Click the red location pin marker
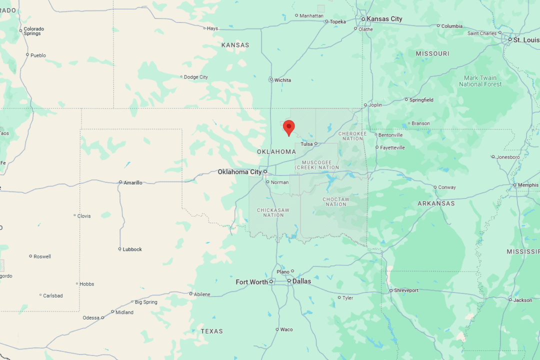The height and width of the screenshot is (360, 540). point(288,127)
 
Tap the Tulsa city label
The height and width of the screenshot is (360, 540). point(306,144)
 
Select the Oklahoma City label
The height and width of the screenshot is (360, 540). point(239,172)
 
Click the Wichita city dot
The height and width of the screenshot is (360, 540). point(271,79)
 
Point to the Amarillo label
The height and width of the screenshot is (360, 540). point(133,183)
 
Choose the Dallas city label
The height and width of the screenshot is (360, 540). point(301,281)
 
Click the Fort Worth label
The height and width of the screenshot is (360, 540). point(251,282)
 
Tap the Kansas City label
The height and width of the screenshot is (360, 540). point(384,19)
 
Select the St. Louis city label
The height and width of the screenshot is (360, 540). point(526,40)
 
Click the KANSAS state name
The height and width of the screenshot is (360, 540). point(235,45)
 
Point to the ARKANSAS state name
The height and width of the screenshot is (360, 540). point(436,203)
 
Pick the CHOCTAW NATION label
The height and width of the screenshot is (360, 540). point(336,201)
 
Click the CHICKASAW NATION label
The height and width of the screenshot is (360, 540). point(273,212)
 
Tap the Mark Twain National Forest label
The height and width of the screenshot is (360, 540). point(480,81)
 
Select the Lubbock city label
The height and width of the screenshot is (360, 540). point(132,249)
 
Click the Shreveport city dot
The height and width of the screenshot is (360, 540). point(391,290)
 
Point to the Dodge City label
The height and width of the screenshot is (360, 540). point(196,77)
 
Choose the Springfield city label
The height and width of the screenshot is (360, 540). point(421,100)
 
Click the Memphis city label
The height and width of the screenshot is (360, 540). point(528,185)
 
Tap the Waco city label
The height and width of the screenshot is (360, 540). point(286,329)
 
